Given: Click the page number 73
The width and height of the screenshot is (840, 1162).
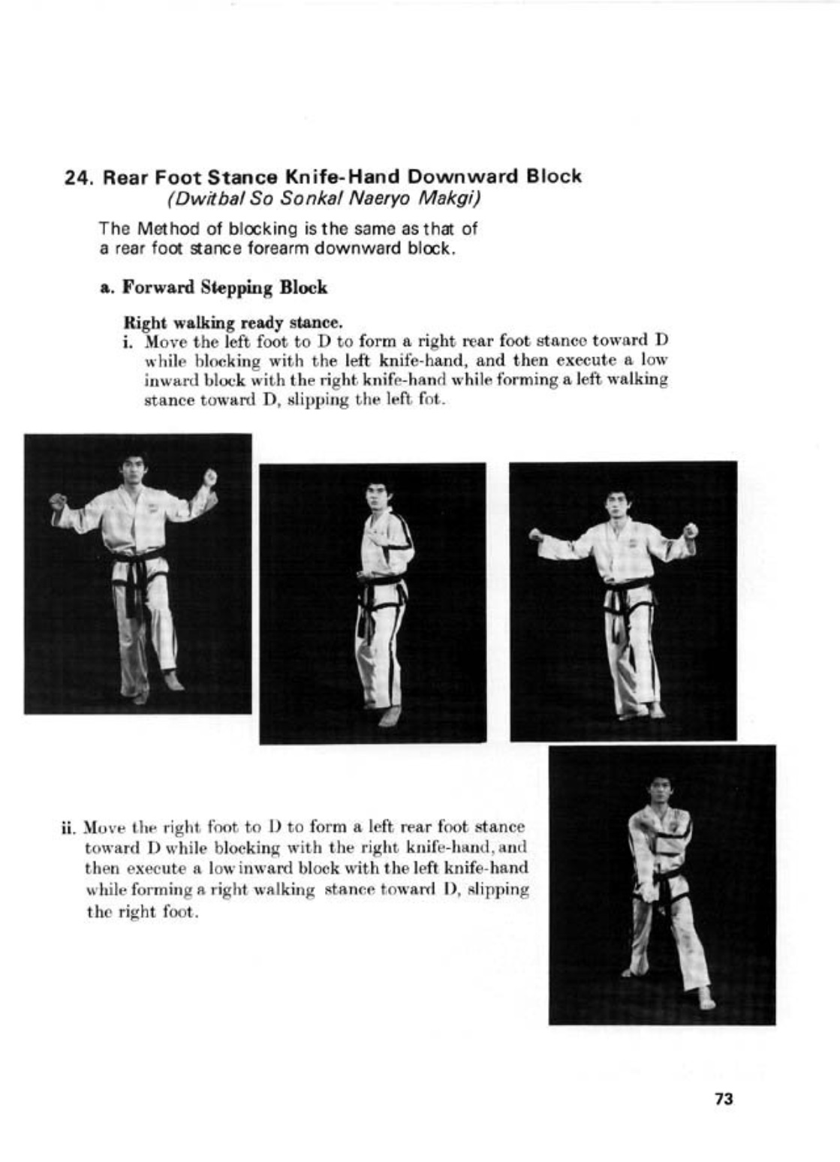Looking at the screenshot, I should (723, 1099).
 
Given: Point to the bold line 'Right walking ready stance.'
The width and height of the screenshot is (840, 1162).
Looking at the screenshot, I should (233, 323).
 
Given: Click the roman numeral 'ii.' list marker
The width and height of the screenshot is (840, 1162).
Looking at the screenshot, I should (68, 829).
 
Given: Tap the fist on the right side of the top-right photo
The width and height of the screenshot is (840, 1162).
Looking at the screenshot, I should (690, 530).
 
